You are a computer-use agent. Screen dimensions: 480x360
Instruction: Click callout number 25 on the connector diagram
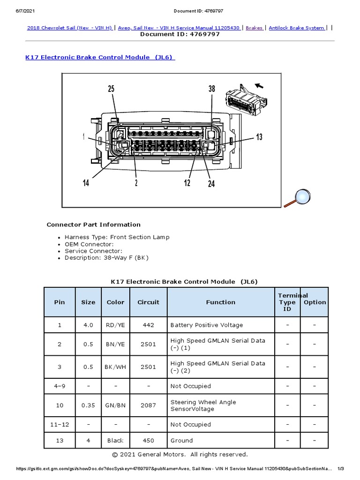(x=111, y=89)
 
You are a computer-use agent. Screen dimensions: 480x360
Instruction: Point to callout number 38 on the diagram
(x=211, y=89)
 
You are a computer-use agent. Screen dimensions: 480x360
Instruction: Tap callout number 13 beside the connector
(x=259, y=137)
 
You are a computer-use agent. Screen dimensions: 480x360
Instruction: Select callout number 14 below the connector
(x=86, y=183)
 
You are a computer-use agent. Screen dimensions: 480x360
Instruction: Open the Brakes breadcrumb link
(x=255, y=28)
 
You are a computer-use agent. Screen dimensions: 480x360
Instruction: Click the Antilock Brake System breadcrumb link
(x=297, y=28)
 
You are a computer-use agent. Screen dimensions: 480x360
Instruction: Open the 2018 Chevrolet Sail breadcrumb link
(x=69, y=28)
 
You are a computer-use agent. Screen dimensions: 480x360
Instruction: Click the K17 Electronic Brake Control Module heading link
(x=100, y=57)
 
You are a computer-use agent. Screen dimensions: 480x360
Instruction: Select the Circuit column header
(x=148, y=302)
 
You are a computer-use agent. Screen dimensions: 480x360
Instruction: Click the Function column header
(x=221, y=302)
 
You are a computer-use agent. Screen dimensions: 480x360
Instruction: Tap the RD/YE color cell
(x=115, y=325)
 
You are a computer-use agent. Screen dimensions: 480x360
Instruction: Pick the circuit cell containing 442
(x=148, y=325)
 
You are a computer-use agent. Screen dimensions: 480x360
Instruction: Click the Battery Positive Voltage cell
(x=207, y=325)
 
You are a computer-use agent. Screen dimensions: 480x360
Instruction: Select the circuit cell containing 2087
(x=148, y=405)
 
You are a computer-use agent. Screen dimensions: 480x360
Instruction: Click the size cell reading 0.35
(x=88, y=405)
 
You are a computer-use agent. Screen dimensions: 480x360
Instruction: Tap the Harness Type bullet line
(x=117, y=237)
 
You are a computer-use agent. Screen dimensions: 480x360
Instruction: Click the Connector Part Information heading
(x=93, y=225)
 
